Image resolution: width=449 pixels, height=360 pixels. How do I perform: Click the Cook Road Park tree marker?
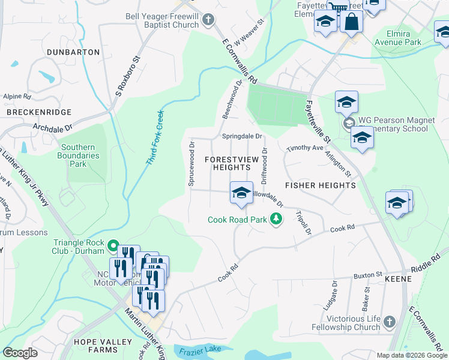pos(276,219)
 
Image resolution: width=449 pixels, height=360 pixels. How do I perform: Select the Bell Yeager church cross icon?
pos(208,20)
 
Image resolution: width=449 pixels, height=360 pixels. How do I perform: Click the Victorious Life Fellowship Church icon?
pos(389,322)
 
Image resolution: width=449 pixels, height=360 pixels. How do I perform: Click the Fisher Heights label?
pos(320,185)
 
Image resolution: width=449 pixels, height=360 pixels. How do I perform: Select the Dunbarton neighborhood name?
pos(74,52)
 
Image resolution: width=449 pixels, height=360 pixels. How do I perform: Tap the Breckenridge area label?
pos(39,112)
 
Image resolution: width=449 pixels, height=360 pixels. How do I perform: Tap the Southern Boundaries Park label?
pos(80,155)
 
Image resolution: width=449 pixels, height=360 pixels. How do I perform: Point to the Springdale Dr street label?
pos(243,136)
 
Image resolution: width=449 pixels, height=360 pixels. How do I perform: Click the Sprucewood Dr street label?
pos(192,164)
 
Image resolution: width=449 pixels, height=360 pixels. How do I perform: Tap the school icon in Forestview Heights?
pos(241,193)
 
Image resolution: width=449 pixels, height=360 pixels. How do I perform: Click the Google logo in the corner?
pos(20,353)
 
